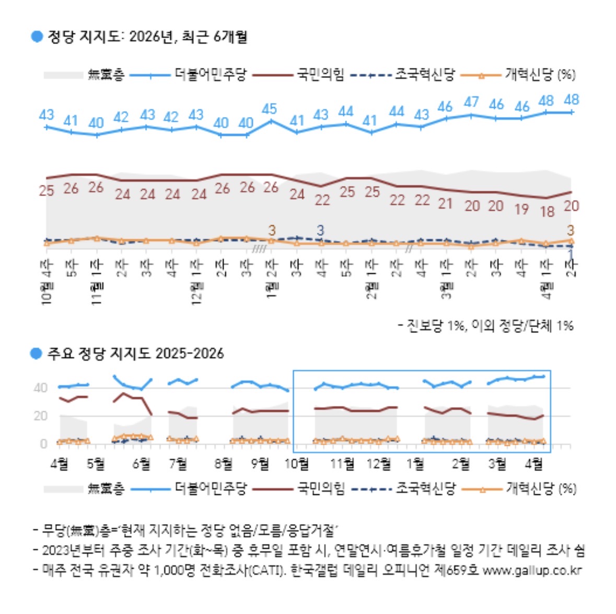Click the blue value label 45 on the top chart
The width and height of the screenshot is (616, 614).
269,109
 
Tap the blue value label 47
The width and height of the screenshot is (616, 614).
471,102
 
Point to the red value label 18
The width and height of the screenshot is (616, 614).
547,211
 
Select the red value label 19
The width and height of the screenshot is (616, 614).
521,209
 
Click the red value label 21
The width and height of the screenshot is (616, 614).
445,203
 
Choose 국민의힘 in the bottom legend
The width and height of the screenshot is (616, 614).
321,489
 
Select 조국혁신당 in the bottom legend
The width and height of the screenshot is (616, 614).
425,489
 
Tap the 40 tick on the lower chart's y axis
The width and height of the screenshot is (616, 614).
40,388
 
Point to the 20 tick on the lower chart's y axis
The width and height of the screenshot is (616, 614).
40,416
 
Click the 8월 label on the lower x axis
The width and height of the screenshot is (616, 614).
224,464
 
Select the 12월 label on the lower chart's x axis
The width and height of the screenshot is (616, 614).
379,464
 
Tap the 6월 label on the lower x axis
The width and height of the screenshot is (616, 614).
142,464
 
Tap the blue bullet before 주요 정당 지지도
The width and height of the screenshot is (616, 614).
36,354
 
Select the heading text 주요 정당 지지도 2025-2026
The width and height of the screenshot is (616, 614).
135,354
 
